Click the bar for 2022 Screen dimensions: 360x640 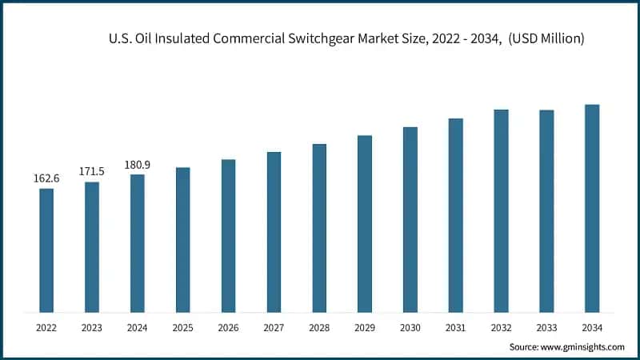pos(46,250)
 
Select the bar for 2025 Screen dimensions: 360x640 pos(183,239)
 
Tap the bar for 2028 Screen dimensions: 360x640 pos(319,228)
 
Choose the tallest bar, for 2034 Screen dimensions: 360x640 pos(592,208)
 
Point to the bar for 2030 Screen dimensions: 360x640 pos(410,219)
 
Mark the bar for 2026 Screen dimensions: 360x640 pos(229,235)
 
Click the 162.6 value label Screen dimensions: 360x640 pos(46,178)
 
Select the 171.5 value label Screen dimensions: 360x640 pos(92,172)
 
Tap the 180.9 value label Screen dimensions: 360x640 pos(138,165)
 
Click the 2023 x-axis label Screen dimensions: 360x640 pos(92,327)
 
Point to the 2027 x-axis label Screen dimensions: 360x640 pos(274,327)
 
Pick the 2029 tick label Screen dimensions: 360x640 pos(365,327)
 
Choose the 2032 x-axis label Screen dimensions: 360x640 pos(502,327)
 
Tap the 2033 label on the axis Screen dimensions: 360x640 pos(546,327)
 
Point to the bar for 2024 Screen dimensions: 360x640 pos(138,242)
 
